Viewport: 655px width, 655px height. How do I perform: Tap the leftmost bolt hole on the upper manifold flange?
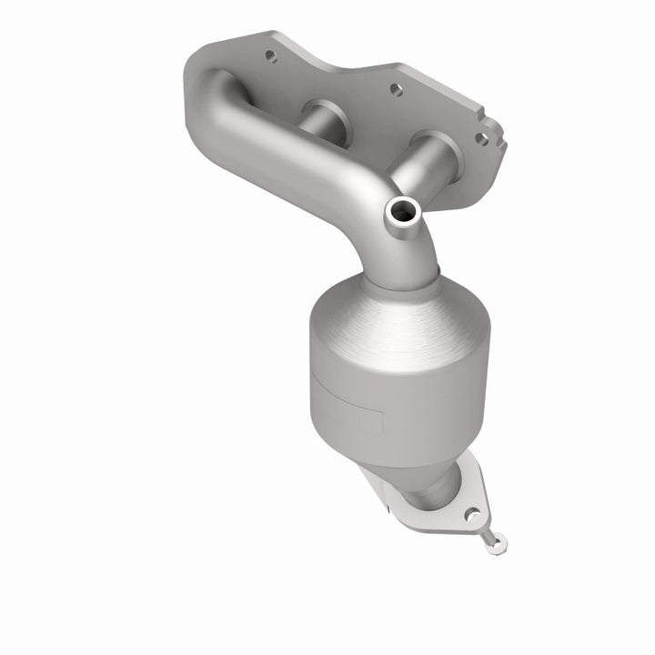coord(270,55)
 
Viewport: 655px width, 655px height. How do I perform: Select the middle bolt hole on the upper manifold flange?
coord(395,90)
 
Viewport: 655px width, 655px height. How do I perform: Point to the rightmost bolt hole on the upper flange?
coord(481,138)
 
